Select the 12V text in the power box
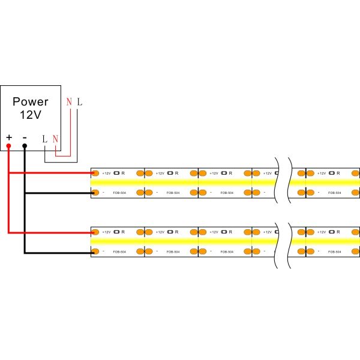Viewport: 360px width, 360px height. coord(31,115)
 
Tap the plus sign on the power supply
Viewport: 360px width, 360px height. coord(9,138)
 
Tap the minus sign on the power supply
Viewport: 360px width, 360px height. coord(25,138)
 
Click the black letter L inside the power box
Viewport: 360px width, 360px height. coord(44,139)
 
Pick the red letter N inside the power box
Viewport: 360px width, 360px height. coord(55,139)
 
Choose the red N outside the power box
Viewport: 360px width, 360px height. coord(70,102)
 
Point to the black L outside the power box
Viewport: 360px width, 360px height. coord(80,102)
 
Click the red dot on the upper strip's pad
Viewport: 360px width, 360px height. coord(94,173)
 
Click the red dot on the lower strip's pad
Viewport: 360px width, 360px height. coord(94,231)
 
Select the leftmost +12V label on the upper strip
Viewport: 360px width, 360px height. coord(106,173)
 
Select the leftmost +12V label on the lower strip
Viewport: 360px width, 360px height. coord(106,231)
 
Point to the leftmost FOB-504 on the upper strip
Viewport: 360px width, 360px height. coord(119,193)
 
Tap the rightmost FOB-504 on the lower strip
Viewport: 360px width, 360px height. coord(335,251)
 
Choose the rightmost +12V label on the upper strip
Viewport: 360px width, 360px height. coord(321,173)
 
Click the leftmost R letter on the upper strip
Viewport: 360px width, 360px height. coord(123,173)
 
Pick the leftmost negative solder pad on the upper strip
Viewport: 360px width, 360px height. coord(95,193)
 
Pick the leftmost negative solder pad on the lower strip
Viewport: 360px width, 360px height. coord(95,251)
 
